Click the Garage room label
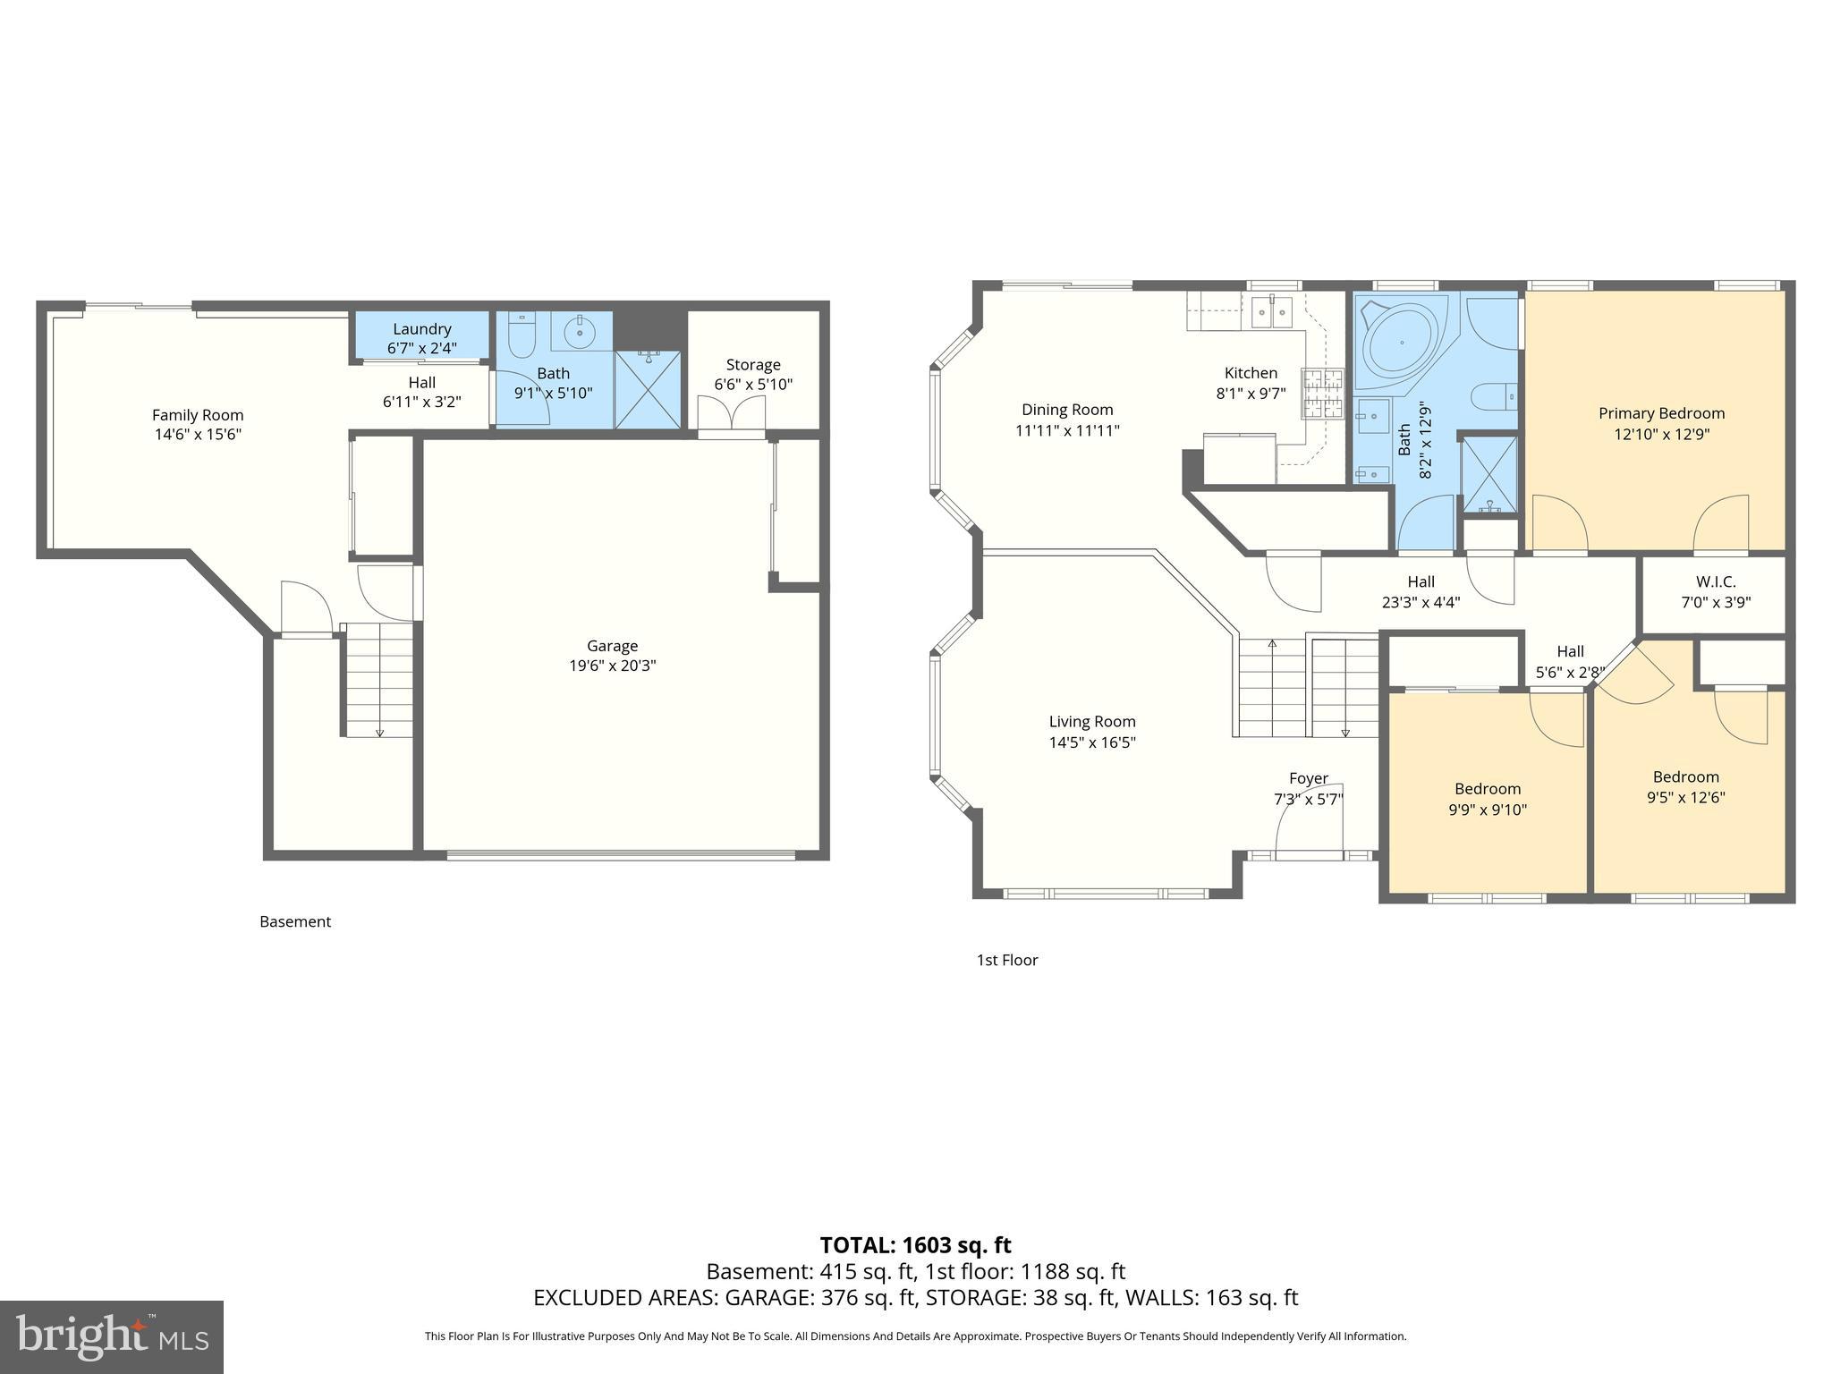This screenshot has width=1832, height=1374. [x=612, y=646]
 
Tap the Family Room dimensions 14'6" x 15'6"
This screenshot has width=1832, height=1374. [x=197, y=435]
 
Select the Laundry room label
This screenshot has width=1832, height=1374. [x=421, y=329]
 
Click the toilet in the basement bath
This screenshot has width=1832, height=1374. [x=522, y=335]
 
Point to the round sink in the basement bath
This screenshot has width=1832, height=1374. [x=581, y=332]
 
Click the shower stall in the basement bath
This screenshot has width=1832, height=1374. [x=648, y=389]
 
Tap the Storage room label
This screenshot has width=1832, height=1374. [x=753, y=365]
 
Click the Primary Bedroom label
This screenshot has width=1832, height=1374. [x=1661, y=413]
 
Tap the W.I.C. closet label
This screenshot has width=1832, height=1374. [x=1715, y=581]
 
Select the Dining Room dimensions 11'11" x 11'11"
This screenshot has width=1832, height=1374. [x=1067, y=430]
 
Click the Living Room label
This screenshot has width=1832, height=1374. [x=1091, y=722]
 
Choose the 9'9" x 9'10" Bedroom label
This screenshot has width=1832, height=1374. [x=1487, y=789]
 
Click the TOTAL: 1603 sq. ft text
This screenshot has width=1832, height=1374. [x=915, y=1245]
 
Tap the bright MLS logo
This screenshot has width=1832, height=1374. [x=112, y=1336]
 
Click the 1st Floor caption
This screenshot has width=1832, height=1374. [x=1006, y=960]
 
